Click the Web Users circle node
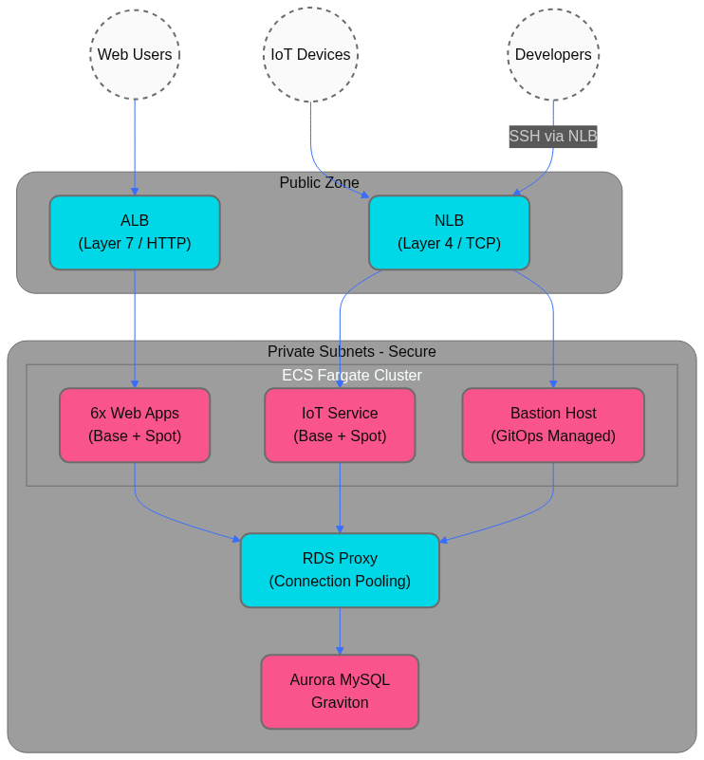point(135,55)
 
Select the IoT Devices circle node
point(310,55)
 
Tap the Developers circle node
point(553,55)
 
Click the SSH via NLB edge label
point(553,137)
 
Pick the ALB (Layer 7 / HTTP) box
point(135,232)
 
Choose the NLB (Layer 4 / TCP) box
point(449,232)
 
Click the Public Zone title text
point(319,183)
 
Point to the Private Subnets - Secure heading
point(351,352)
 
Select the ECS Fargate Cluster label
point(351,376)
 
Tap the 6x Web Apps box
point(135,425)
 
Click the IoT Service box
point(340,425)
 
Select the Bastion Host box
point(553,425)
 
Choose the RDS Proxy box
point(340,570)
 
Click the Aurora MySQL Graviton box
point(340,692)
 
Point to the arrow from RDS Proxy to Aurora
point(340,631)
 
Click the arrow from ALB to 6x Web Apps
point(135,327)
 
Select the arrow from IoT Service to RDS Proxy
point(340,498)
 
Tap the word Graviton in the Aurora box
point(340,703)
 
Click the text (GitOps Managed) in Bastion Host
point(553,436)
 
